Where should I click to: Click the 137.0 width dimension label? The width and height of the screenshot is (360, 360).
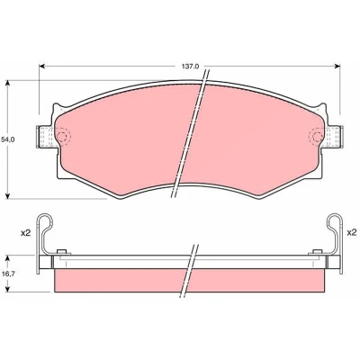click(x=190, y=67)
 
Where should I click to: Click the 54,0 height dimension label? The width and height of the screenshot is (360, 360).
click(x=8, y=139)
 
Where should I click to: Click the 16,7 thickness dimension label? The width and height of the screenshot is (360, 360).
click(x=6, y=274)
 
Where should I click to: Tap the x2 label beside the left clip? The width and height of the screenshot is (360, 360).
click(x=26, y=233)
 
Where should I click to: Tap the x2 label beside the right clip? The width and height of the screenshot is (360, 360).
click(x=352, y=232)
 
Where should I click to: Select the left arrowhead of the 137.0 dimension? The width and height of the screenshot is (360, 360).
click(x=42, y=66)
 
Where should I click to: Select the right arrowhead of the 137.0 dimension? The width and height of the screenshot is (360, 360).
click(x=337, y=66)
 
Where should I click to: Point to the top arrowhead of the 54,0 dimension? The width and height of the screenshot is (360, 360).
click(x=8, y=84)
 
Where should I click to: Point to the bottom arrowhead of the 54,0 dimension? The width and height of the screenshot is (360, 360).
click(x=8, y=195)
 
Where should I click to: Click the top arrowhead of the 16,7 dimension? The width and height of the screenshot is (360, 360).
click(x=8, y=258)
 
